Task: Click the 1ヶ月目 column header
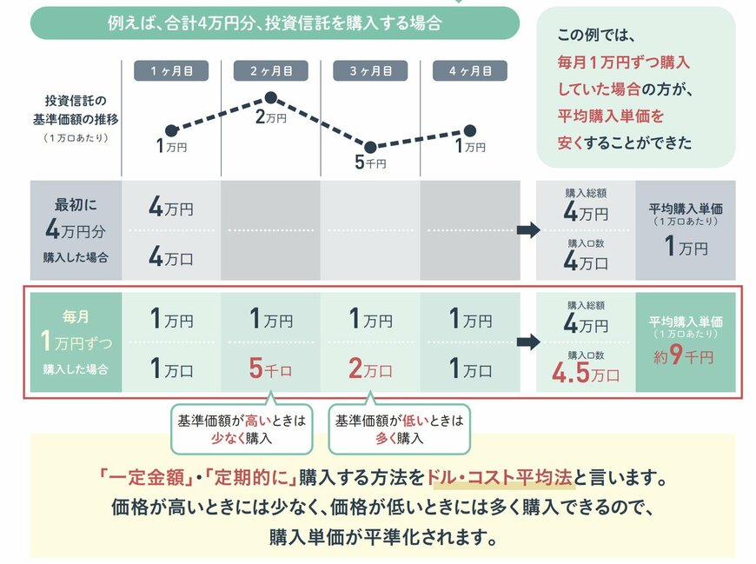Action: tap(171, 71)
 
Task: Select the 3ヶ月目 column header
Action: tap(371, 71)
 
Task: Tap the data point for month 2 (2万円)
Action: tap(270, 98)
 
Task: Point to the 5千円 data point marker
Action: tap(370, 147)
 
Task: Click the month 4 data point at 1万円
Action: tap(470, 131)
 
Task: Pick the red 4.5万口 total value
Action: tap(587, 372)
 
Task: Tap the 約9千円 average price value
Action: tap(686, 355)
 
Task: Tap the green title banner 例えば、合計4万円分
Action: tap(275, 23)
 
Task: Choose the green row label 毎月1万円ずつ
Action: tap(76, 342)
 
